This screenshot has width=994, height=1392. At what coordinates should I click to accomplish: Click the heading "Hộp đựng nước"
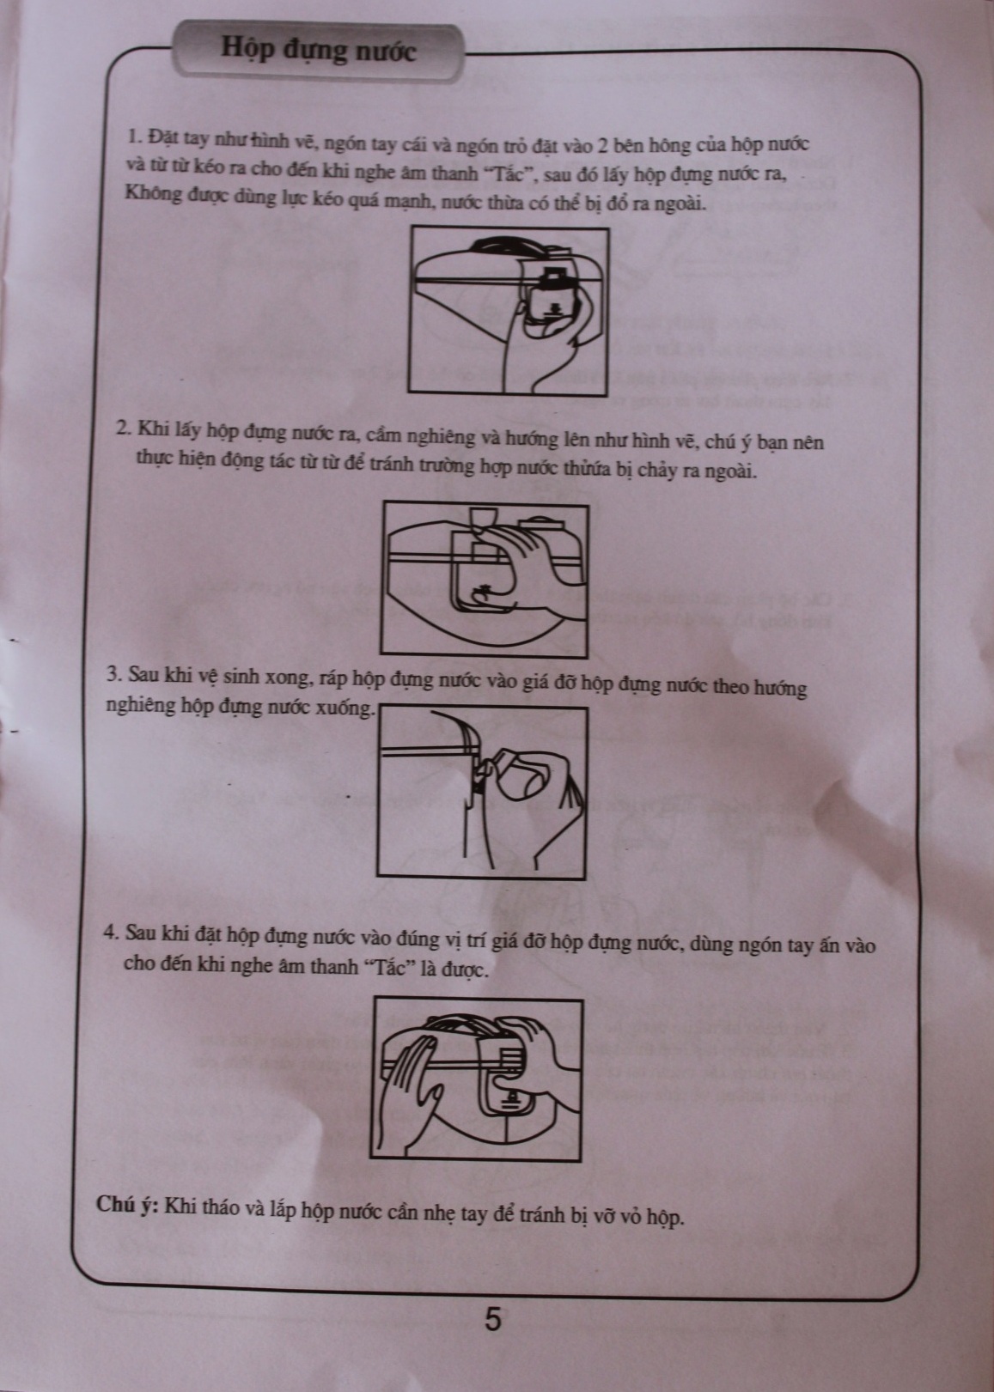coord(318,51)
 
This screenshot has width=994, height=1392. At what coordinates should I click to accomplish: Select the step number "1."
coord(136,137)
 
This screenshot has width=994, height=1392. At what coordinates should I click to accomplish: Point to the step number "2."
coord(125,429)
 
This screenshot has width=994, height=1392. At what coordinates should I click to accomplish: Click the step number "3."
coord(113,675)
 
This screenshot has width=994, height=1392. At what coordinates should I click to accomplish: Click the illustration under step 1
coord(508,311)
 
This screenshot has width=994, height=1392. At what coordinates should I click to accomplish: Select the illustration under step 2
coord(485,579)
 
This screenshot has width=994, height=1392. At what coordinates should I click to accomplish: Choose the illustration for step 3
coord(482,793)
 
